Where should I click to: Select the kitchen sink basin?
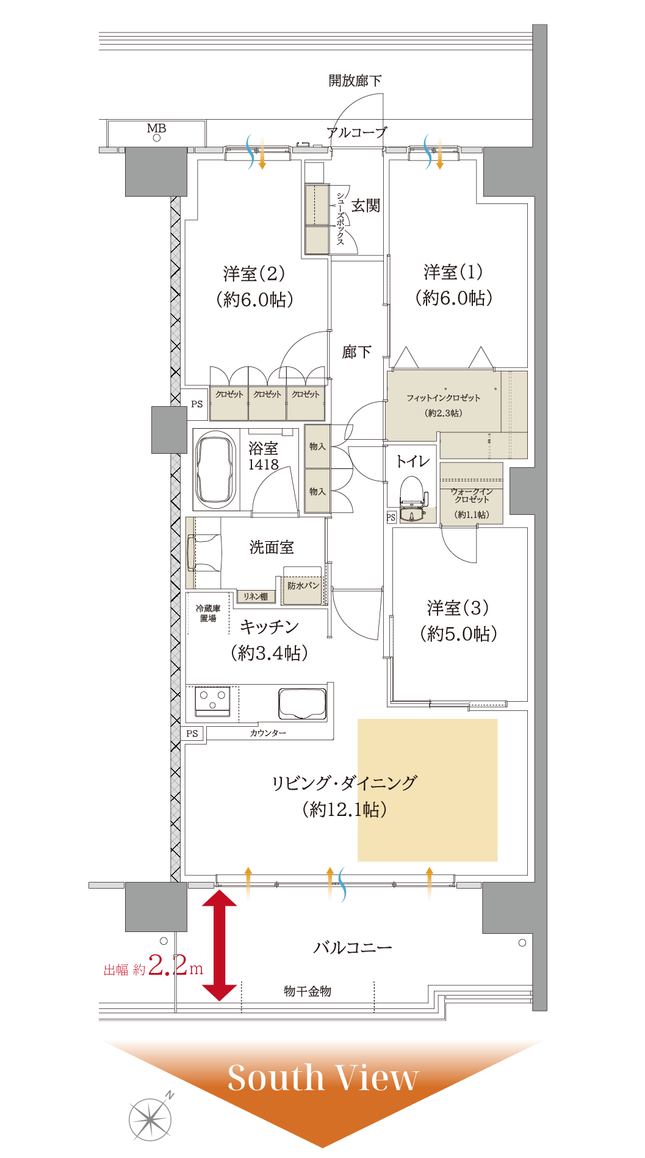pos(302,704)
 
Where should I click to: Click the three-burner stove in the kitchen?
pos(212,702)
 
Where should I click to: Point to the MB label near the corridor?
pos(156,128)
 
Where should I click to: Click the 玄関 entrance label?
pos(366,206)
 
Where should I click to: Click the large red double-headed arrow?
pos(219,945)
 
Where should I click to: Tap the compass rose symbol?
pos(151,1119)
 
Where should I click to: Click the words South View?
pos(323,1077)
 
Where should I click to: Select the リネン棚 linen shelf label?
pos(256,597)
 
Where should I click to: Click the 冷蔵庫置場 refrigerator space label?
pos(208,613)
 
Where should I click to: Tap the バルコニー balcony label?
pos(353,947)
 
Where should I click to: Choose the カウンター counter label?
pos(268,733)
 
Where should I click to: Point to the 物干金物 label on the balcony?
pos(308,991)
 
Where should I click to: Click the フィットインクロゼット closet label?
pos(444,398)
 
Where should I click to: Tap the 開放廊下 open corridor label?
pos(355,81)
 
